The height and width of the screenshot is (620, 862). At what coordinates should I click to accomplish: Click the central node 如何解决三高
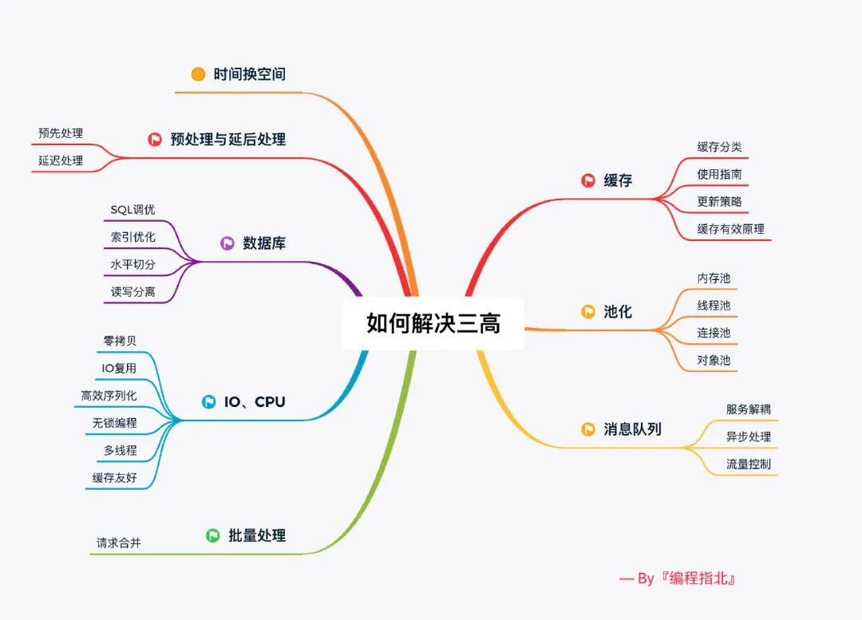[433, 323]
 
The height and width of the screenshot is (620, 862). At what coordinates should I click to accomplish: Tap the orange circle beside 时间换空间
[199, 74]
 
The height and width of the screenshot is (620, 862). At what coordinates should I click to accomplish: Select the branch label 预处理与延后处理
[227, 140]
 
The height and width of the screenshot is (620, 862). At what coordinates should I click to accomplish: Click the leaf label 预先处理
[61, 133]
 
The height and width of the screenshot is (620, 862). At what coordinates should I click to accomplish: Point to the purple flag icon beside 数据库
[227, 243]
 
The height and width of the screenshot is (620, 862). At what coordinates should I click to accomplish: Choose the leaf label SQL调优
[132, 210]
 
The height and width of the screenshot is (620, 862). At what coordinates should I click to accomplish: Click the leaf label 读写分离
[132, 292]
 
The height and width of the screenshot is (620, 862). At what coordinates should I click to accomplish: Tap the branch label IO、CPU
[254, 402]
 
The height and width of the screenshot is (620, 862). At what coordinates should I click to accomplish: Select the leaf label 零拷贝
[120, 341]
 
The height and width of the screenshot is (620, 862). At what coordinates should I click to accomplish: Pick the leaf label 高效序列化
[109, 395]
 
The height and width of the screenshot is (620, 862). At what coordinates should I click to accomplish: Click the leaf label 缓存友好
[114, 477]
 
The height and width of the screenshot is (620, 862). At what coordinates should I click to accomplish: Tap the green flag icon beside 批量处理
[213, 535]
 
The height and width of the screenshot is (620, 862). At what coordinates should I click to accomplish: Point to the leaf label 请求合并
[119, 543]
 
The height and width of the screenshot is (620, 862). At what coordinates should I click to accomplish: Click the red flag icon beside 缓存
[588, 181]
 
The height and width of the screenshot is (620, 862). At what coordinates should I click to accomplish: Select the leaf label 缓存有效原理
[730, 229]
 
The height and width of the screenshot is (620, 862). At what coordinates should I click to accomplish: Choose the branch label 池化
[618, 312]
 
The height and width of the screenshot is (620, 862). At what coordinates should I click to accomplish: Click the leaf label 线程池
[714, 306]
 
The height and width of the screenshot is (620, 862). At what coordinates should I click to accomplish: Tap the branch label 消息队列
[632, 429]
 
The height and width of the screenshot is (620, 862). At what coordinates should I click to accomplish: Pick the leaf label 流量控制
[748, 464]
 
